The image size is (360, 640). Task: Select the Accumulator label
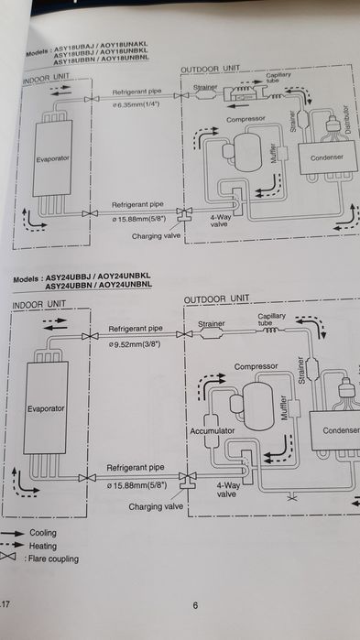213,428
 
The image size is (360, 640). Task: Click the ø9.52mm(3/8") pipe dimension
140,345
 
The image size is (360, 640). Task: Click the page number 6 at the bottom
195,605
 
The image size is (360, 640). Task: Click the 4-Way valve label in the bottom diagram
227,488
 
